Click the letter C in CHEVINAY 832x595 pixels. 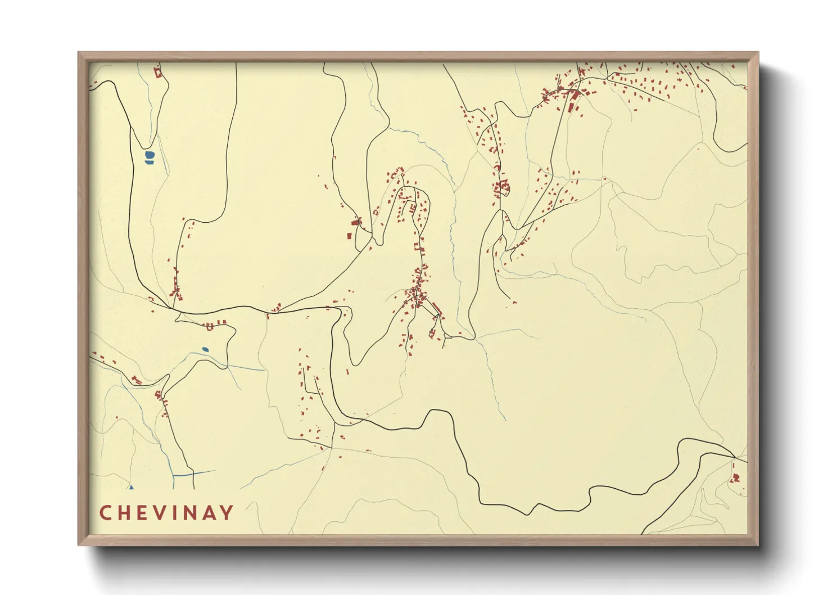click(105, 513)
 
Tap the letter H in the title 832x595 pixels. click(124, 513)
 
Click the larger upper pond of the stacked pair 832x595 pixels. click(149, 155)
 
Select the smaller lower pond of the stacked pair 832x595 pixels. click(149, 163)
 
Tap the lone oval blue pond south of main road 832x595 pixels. click(205, 349)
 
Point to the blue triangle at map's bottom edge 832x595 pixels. click(131, 488)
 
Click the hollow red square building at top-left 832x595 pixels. click(158, 72)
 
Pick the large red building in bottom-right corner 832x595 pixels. click(735, 478)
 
